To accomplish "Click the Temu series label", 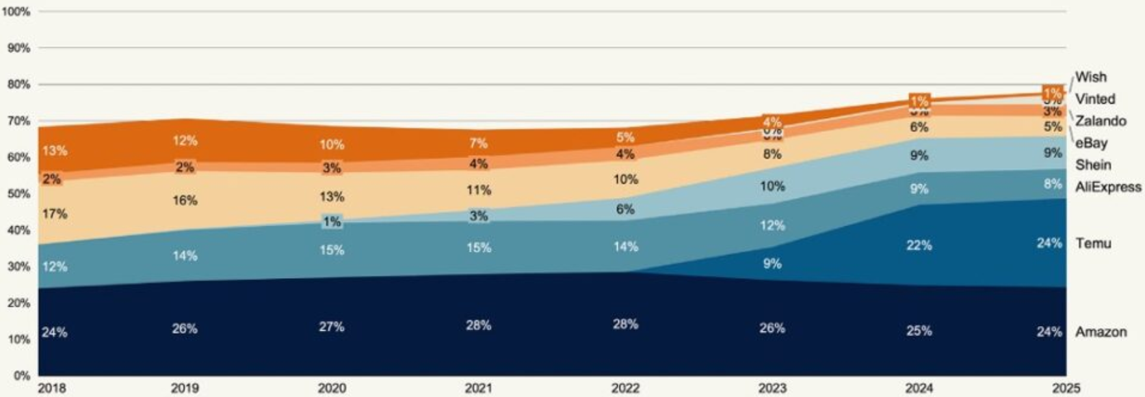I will [x=1093, y=243].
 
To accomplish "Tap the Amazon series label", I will [x=1101, y=332].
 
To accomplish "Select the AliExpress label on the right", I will [x=1108, y=187].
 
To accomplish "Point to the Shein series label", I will [x=1093, y=165].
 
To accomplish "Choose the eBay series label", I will [x=1091, y=143].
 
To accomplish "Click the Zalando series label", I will [x=1100, y=121].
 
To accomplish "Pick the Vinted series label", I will [x=1095, y=99].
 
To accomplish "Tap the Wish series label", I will [x=1090, y=77].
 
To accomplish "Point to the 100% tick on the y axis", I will [x=18, y=12].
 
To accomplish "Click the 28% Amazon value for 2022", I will [x=625, y=324].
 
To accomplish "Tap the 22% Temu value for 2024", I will [x=919, y=245].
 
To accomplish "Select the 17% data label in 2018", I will [x=55, y=214].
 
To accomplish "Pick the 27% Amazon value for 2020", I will [x=331, y=327].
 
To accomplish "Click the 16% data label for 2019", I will [x=185, y=200].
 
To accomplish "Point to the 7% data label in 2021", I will [x=478, y=143].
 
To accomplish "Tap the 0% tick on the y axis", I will [x=23, y=376].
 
